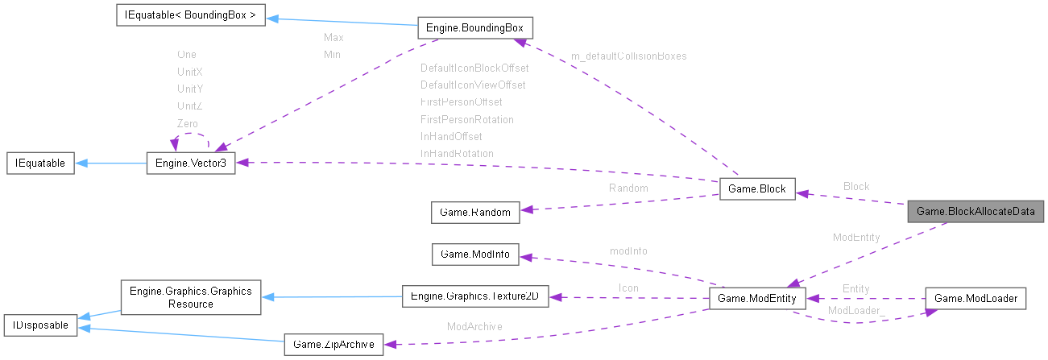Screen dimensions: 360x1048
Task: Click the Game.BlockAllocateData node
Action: pyautogui.click(x=976, y=212)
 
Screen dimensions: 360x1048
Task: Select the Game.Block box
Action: pyautogui.click(x=756, y=189)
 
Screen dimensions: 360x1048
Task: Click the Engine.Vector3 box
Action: pyautogui.click(x=190, y=163)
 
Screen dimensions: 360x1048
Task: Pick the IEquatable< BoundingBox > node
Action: pyautogui.click(x=190, y=15)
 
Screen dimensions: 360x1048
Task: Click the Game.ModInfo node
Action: pyautogui.click(x=475, y=254)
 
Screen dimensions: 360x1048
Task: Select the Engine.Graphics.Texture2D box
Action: pyautogui.click(x=474, y=296)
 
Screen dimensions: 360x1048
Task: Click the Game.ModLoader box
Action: pyautogui.click(x=976, y=298)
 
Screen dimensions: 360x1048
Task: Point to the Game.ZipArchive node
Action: pyautogui.click(x=334, y=346)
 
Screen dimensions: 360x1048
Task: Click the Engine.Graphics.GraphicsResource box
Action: pyautogui.click(x=190, y=297)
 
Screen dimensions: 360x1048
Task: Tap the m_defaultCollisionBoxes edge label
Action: pyautogui.click(x=628, y=56)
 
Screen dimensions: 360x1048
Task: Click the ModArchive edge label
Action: pyautogui.click(x=474, y=327)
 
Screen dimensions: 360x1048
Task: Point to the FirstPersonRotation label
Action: pyautogui.click(x=466, y=119)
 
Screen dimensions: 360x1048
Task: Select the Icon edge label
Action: pyautogui.click(x=628, y=287)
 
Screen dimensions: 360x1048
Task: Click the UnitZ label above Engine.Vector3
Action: pyautogui.click(x=190, y=106)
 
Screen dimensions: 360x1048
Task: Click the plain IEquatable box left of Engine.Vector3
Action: pyautogui.click(x=40, y=163)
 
